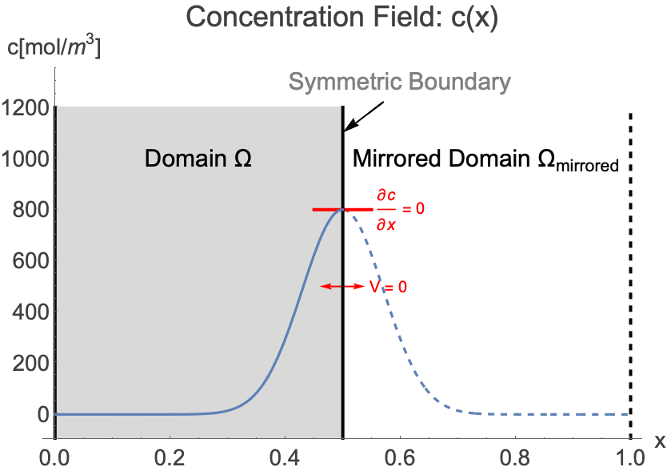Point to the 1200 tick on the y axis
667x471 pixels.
coord(26,107)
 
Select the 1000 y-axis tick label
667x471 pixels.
coord(26,158)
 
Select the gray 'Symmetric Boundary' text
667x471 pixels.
coord(398,82)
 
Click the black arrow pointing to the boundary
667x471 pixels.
coord(365,117)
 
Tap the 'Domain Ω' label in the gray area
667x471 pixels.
coord(198,158)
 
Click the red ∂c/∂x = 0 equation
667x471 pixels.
coord(400,209)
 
